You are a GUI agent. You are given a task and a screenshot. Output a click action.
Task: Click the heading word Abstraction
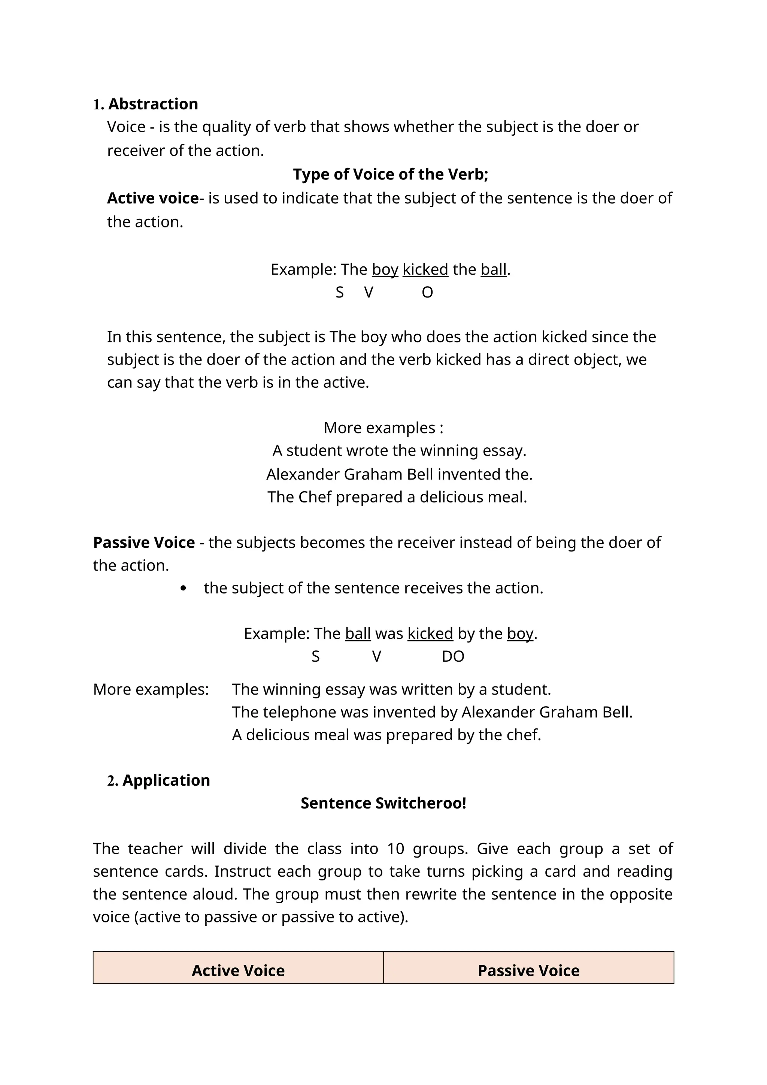coord(153,104)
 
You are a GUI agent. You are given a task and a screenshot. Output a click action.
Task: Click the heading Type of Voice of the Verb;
coord(390,174)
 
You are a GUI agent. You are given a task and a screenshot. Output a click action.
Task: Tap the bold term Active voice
coord(152,198)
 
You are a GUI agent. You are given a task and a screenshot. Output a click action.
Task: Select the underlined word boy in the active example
coord(385,269)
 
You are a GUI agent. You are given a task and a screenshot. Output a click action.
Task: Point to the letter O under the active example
coord(427,293)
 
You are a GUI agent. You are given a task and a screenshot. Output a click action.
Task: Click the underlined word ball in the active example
coord(493,269)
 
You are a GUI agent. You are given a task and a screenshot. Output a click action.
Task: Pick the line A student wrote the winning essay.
coord(399,450)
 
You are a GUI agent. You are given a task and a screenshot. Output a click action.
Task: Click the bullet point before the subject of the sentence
coord(183,588)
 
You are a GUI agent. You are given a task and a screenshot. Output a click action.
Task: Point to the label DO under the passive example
coord(452,656)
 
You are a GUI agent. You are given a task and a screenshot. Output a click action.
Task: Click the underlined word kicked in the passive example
coord(430,633)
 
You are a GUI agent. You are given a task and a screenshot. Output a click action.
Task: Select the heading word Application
coord(166,780)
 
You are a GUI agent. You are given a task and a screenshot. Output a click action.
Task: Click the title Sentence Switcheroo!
coord(383,803)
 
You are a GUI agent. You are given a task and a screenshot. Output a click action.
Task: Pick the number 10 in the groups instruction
coord(395,849)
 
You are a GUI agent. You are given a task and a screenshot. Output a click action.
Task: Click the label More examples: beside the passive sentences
coord(151,689)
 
